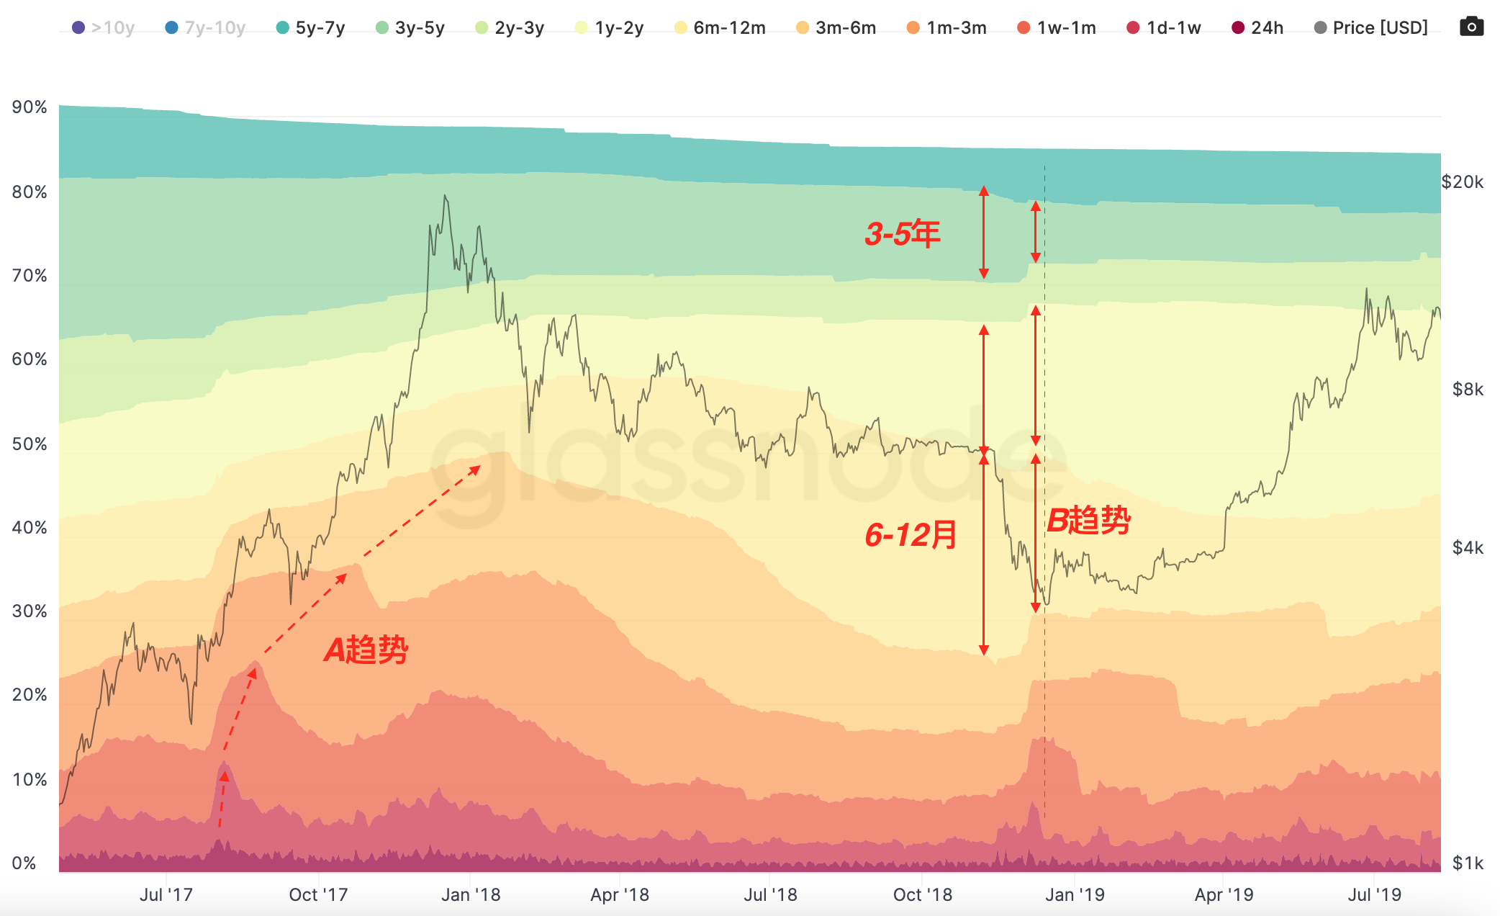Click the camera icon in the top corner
point(1471,27)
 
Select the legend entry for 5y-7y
point(311,28)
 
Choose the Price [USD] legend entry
point(1371,28)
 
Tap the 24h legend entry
point(1257,28)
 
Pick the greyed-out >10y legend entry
point(104,28)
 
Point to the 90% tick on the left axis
point(30,107)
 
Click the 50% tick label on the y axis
point(30,444)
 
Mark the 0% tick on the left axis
point(24,863)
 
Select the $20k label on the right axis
point(1462,182)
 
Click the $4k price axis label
point(1468,548)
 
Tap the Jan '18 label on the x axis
point(471,895)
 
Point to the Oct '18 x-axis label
point(922,895)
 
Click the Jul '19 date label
point(1374,895)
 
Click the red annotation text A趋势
point(366,650)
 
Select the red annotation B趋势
point(1088,521)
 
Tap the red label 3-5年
point(903,234)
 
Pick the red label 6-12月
point(911,535)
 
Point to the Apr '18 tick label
point(620,895)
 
